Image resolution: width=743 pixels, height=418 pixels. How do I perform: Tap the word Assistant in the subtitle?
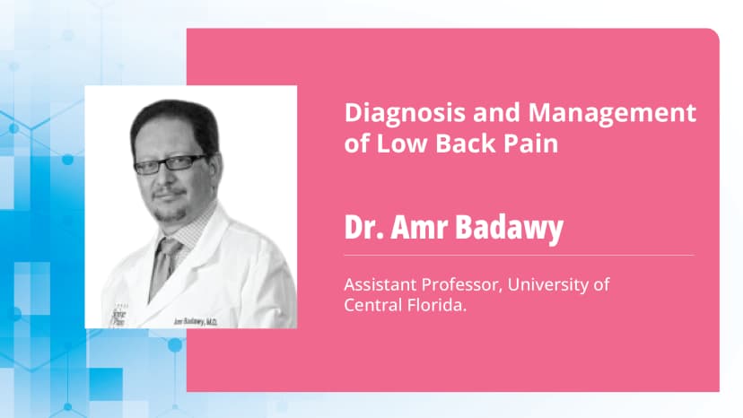pyautogui.click(x=381, y=286)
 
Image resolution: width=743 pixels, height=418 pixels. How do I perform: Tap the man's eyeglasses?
pyautogui.click(x=170, y=164)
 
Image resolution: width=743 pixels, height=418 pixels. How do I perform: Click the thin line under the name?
pyautogui.click(x=519, y=256)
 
